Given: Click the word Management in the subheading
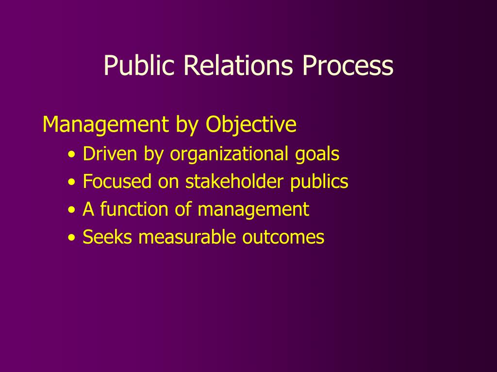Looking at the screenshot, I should (x=103, y=125).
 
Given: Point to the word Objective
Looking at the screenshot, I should (x=251, y=125).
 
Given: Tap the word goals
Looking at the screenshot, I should (x=317, y=154).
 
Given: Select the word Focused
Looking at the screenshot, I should (x=117, y=182).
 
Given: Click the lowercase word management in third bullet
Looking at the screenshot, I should (x=253, y=210).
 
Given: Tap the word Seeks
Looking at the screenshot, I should (x=107, y=237).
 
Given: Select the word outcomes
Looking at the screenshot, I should (x=283, y=237).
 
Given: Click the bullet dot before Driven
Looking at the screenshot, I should (x=72, y=155).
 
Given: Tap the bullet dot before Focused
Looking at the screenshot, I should (x=72, y=183).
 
